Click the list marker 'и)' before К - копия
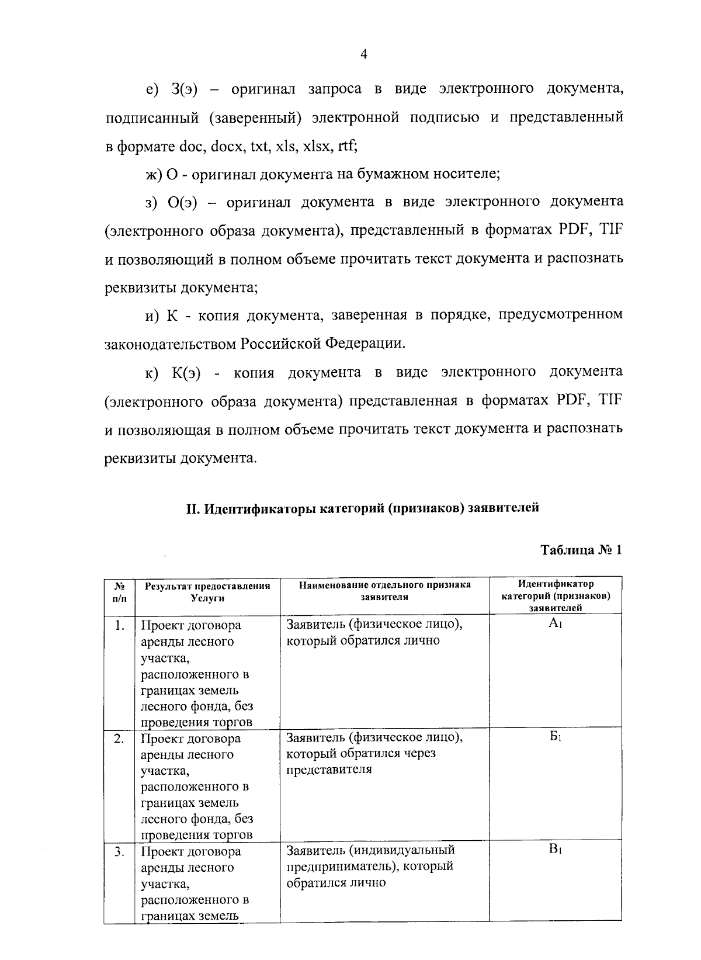click(x=152, y=316)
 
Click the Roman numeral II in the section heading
click(x=193, y=508)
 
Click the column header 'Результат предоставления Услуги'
click(x=207, y=591)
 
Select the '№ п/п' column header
click(x=119, y=591)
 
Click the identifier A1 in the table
click(x=555, y=624)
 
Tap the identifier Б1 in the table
click(x=555, y=737)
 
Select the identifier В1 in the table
click(x=555, y=850)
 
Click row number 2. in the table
click(x=119, y=739)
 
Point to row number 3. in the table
click(x=119, y=852)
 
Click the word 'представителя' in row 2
click(x=329, y=770)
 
